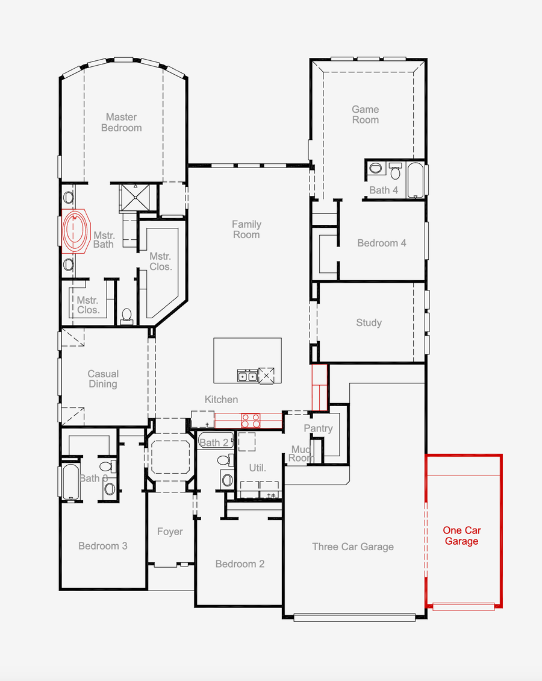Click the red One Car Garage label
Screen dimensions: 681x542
tap(462, 536)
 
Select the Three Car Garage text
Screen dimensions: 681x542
tap(353, 547)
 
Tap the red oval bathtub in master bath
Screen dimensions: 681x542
tap(75, 231)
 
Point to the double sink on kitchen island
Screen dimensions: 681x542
tap(248, 376)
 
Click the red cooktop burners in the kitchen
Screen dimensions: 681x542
tap(251, 420)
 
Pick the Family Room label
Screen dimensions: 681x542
tap(246, 230)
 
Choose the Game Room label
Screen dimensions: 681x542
tap(366, 115)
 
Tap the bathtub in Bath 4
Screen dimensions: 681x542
tap(416, 180)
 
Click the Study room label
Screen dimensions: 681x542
tap(369, 322)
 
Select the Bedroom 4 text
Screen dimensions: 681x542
tap(382, 243)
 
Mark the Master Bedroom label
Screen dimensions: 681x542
tap(122, 122)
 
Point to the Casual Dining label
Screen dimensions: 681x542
tap(103, 379)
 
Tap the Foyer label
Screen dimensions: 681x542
tap(170, 532)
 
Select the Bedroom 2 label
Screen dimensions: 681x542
tap(240, 564)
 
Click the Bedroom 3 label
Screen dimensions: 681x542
tap(103, 546)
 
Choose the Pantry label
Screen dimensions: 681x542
tap(318, 428)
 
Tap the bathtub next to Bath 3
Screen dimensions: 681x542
tap(70, 481)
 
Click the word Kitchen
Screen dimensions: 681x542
tap(221, 400)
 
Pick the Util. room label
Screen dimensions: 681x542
tap(258, 468)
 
